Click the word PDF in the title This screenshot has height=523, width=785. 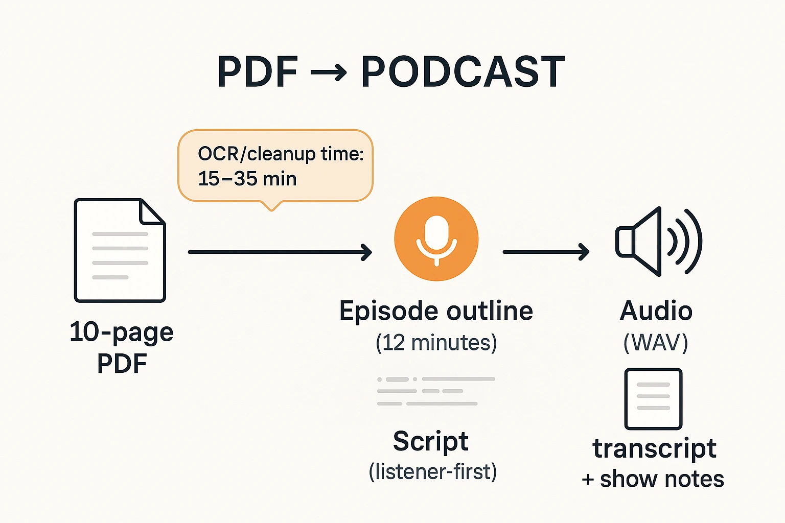tap(257, 72)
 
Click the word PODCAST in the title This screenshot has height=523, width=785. tap(463, 72)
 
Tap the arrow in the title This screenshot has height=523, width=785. tap(329, 73)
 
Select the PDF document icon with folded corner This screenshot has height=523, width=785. tap(120, 250)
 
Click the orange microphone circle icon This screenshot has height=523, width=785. tap(436, 239)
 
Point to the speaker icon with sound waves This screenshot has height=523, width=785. tap(658, 242)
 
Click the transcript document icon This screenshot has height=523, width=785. tap(653, 398)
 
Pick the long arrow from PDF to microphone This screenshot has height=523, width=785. tap(280, 252)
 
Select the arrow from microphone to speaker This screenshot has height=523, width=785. tap(546, 252)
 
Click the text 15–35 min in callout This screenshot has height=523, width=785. tap(247, 179)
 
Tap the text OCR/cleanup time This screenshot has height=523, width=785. tap(281, 154)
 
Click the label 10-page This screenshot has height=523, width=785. tap(122, 332)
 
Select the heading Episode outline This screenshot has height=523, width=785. tap(436, 311)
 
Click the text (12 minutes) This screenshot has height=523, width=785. tap(436, 342)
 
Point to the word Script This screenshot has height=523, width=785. tap(430, 441)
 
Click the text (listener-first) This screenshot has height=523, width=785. tap(432, 471)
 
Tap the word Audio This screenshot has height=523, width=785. tap(656, 311)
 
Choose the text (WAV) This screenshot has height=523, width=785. tap(656, 342)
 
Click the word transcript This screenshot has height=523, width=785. tap(654, 448)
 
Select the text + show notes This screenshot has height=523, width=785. tap(653, 479)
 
